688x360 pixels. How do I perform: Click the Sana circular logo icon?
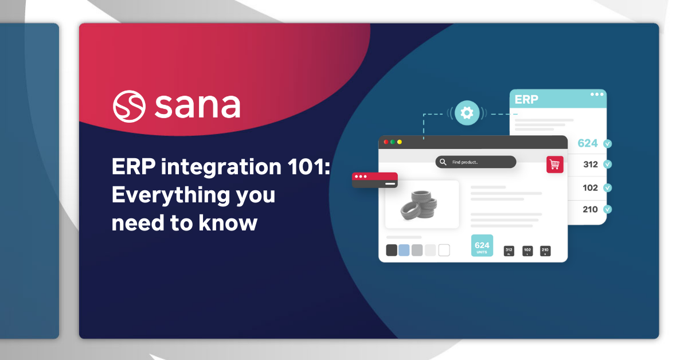click(130, 106)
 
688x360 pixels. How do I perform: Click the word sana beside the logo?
click(197, 105)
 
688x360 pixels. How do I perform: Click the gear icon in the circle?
click(467, 113)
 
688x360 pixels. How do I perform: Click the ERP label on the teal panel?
click(526, 99)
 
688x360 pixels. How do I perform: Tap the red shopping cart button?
click(554, 165)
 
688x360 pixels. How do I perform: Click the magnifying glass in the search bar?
click(443, 162)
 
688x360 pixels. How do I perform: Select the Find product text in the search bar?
click(465, 162)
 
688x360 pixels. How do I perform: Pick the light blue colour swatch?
click(404, 250)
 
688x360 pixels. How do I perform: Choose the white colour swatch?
click(444, 250)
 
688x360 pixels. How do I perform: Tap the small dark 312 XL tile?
click(509, 251)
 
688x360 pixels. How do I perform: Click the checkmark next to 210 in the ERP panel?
click(608, 209)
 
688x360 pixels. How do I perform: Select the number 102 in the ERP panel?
click(590, 187)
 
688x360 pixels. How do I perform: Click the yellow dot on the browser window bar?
click(400, 142)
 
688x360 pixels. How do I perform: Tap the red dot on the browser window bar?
click(386, 142)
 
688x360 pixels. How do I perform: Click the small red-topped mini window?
click(374, 180)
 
